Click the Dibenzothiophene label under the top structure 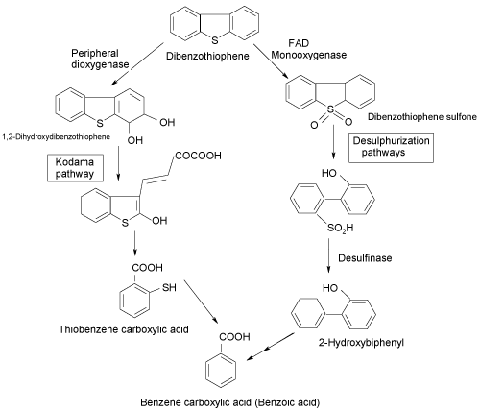207,56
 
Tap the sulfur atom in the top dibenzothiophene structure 215,40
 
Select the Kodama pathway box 76,168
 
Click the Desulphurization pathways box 391,148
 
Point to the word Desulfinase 365,258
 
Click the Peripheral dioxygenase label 100,59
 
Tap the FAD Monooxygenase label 309,49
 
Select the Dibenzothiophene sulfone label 422,117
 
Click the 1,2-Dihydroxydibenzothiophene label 57,137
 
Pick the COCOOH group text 198,156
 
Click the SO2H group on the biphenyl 340,228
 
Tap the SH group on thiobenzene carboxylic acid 169,287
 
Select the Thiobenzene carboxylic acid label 124,329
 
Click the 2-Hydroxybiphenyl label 361,343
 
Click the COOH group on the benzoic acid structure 234,337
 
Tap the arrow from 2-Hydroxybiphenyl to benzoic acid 271,347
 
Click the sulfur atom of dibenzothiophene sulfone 330,109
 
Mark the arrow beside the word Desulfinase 328,255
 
